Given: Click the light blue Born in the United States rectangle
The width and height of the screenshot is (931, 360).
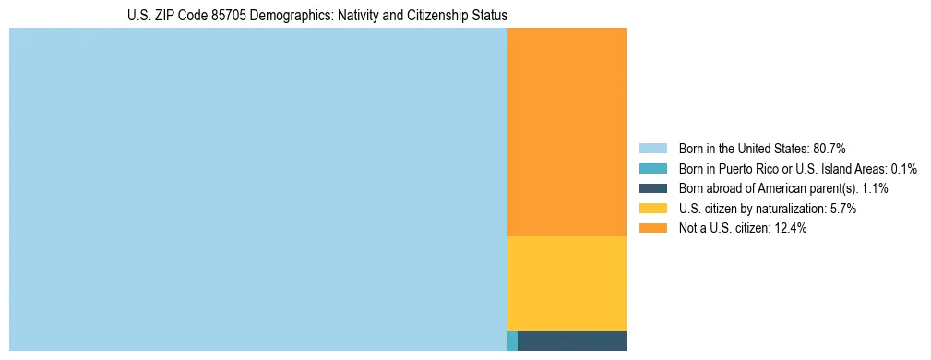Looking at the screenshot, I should (x=258, y=189).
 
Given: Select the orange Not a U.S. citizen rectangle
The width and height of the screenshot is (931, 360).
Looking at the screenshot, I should (x=567, y=132).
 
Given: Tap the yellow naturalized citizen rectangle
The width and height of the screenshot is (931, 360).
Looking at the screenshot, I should (x=567, y=283).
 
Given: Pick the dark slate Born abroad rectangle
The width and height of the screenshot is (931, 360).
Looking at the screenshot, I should (x=572, y=341).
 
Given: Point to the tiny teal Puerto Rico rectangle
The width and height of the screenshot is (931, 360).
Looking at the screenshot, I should (x=512, y=341).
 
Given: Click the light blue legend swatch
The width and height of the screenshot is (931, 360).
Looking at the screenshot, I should (x=652, y=149).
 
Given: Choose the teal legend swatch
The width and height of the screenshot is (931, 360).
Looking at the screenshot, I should (x=652, y=169).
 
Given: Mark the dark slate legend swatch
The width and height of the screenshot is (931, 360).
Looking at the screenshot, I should (x=652, y=188).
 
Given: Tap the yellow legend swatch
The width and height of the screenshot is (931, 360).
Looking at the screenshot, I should (x=652, y=209).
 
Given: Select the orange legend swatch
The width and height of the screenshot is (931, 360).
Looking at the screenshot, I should (x=652, y=229).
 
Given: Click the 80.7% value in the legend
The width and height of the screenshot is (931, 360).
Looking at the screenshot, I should (x=830, y=149).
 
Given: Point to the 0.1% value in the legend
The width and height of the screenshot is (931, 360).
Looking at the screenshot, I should (x=903, y=169).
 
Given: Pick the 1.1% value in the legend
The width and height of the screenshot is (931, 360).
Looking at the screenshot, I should (x=875, y=188).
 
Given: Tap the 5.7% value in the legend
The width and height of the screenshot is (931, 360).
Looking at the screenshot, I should (x=843, y=209).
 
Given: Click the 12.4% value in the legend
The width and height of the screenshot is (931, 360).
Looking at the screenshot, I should (x=790, y=229).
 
